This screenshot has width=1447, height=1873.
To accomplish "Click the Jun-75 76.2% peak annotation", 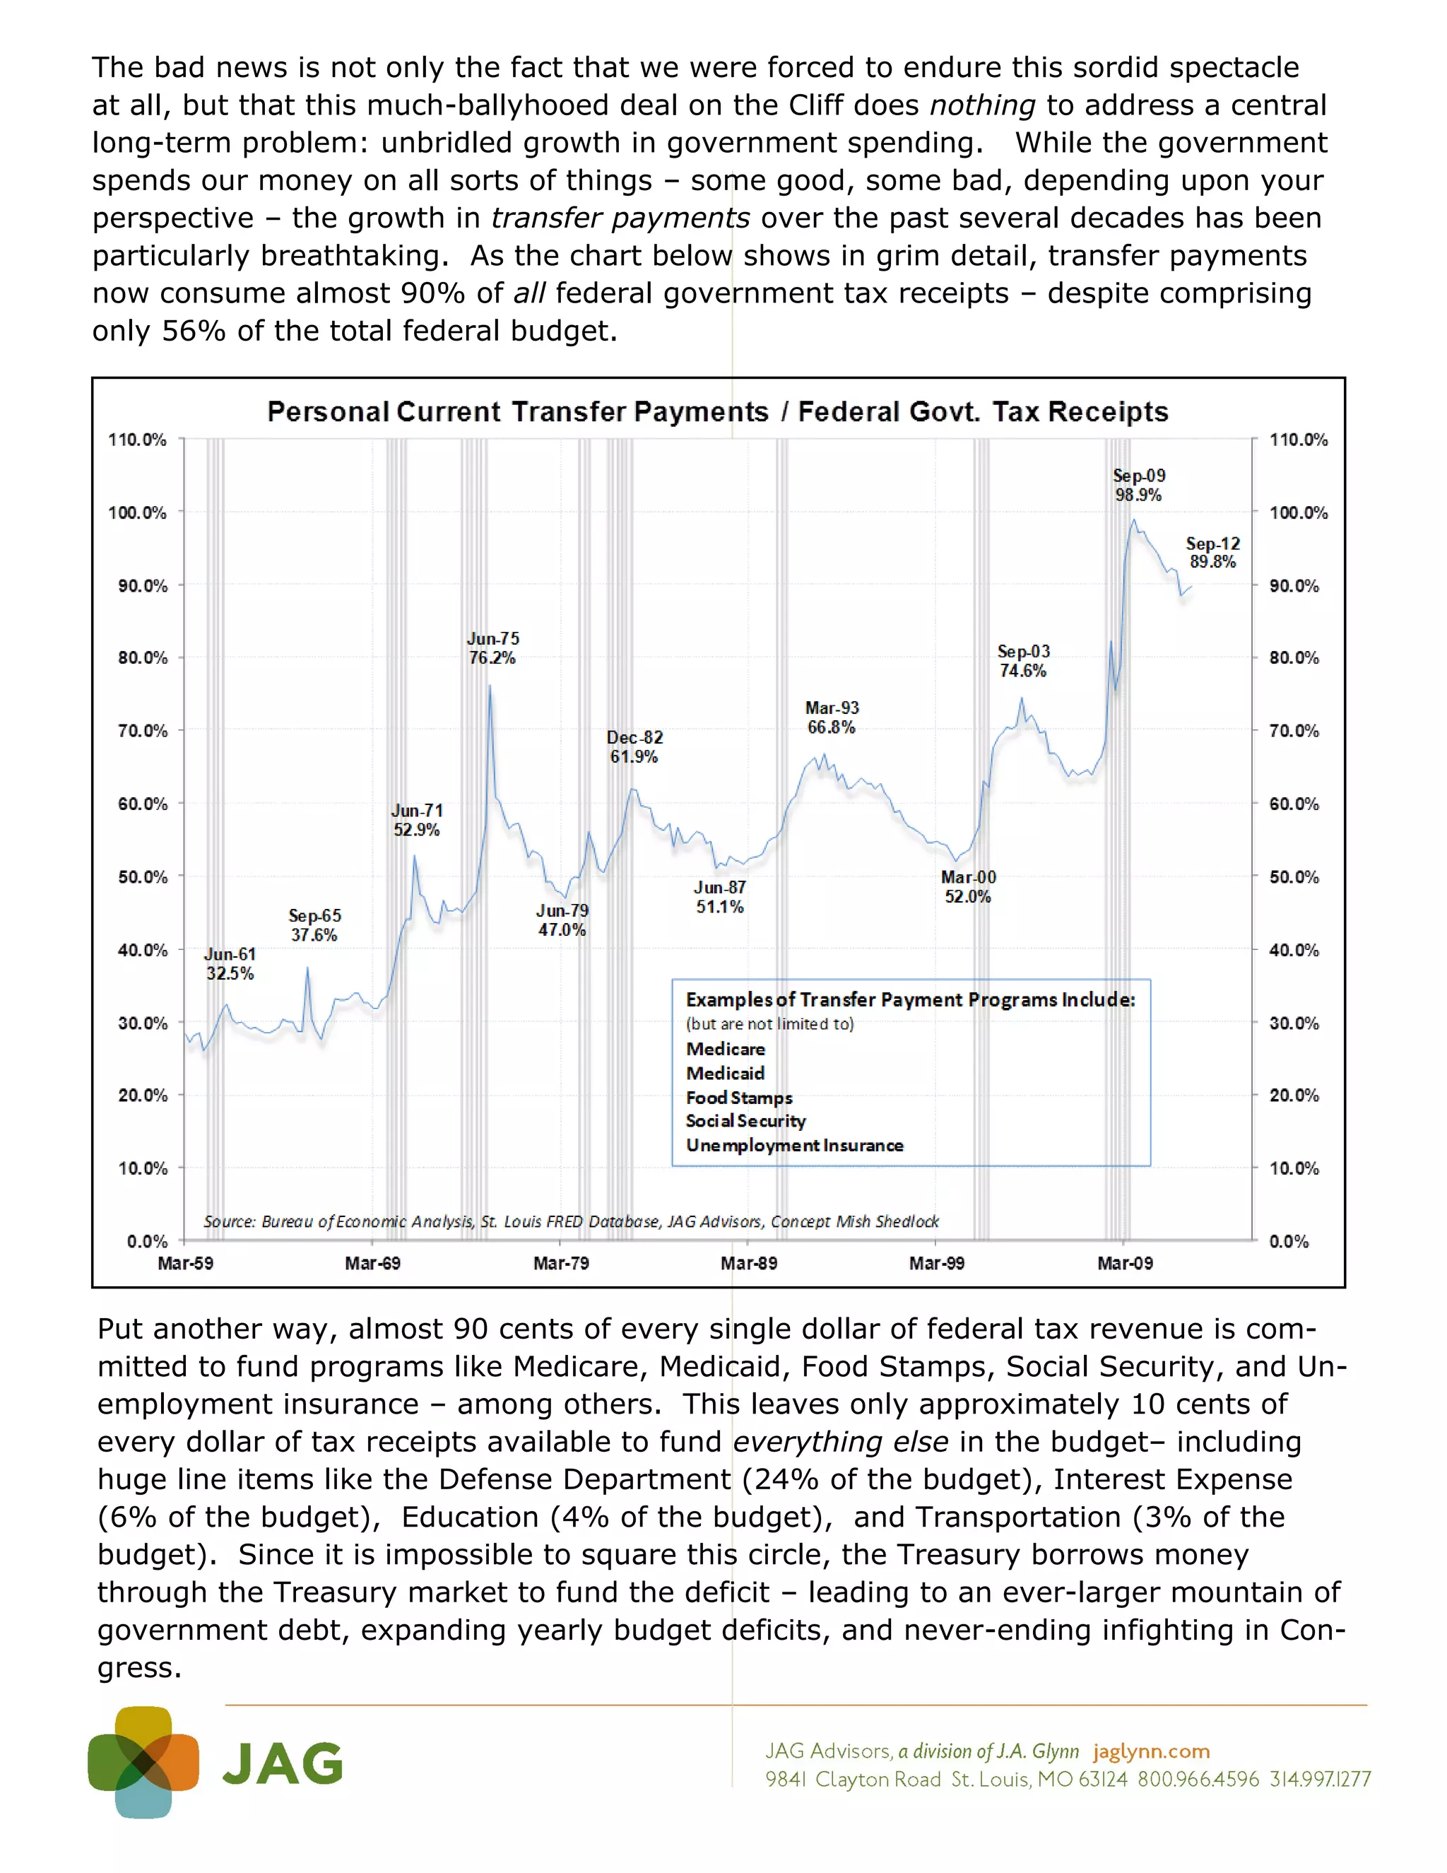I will point(493,648).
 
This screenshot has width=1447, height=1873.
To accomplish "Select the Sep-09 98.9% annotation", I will point(1138,486).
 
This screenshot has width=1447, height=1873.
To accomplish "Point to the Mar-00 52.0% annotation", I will point(968,887).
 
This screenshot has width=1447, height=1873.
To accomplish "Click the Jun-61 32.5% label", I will point(230,964).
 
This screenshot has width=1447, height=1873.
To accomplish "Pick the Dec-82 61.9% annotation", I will point(634,747).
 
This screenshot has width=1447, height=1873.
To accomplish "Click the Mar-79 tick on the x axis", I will point(560,1263).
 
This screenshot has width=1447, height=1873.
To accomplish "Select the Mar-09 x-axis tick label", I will point(1125,1263).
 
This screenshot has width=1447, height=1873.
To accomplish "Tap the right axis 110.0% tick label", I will point(1298,440).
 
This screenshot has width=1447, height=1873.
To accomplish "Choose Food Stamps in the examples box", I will point(739,1098).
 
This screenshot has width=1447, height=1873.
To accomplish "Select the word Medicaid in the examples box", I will point(725,1074).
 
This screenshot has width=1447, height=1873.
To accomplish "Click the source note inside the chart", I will point(571,1221).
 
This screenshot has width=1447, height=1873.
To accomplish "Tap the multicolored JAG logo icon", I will point(143,1762).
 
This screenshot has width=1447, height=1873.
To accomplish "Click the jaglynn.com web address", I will point(1151,1751).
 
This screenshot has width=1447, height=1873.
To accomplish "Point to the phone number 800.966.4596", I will point(1198,1780).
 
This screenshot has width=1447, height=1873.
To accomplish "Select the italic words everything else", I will point(840,1442).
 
